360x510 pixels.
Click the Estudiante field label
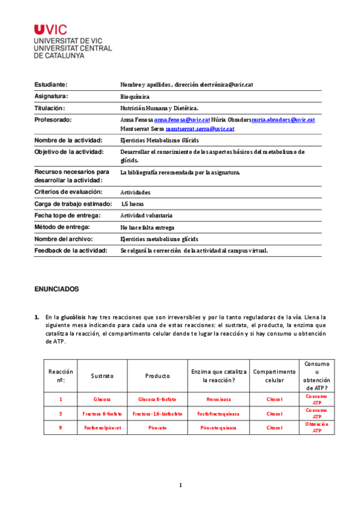(x=51, y=85)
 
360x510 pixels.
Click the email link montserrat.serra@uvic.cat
(x=200, y=129)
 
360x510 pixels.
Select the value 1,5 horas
(x=132, y=204)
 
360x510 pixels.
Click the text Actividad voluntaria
(x=146, y=215)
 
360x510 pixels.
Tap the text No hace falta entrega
(x=148, y=227)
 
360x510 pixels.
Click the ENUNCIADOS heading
(x=56, y=289)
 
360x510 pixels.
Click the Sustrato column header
(x=102, y=376)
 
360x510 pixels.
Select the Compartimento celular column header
(x=274, y=376)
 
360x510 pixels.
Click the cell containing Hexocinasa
(x=217, y=399)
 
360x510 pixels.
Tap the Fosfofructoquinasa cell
(x=218, y=414)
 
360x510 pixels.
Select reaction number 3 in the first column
(x=60, y=414)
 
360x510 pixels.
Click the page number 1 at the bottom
(x=180, y=485)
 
